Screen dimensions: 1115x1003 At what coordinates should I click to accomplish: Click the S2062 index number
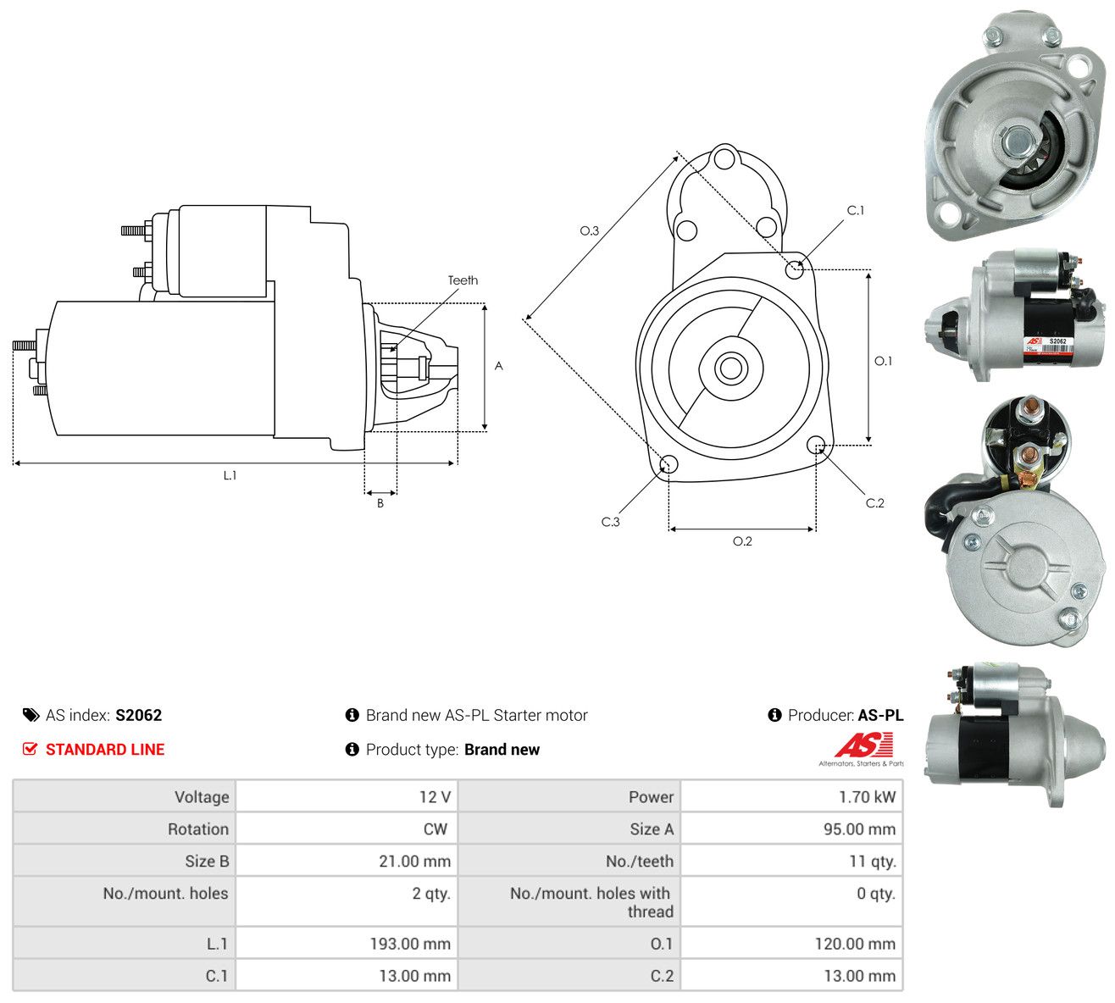coord(138,715)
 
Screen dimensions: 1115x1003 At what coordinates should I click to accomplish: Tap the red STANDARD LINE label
coord(105,750)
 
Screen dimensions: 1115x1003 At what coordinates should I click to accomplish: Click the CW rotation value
coord(435,829)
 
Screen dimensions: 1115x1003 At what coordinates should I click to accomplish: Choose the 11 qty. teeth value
coord(873,862)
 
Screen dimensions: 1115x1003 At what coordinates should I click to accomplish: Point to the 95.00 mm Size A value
coord(859,829)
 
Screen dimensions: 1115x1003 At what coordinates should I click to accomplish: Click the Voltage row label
coord(201,797)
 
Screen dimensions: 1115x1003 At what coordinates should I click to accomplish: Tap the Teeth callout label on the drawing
coord(463,280)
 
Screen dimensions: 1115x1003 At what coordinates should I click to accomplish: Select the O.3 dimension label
coord(589,230)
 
